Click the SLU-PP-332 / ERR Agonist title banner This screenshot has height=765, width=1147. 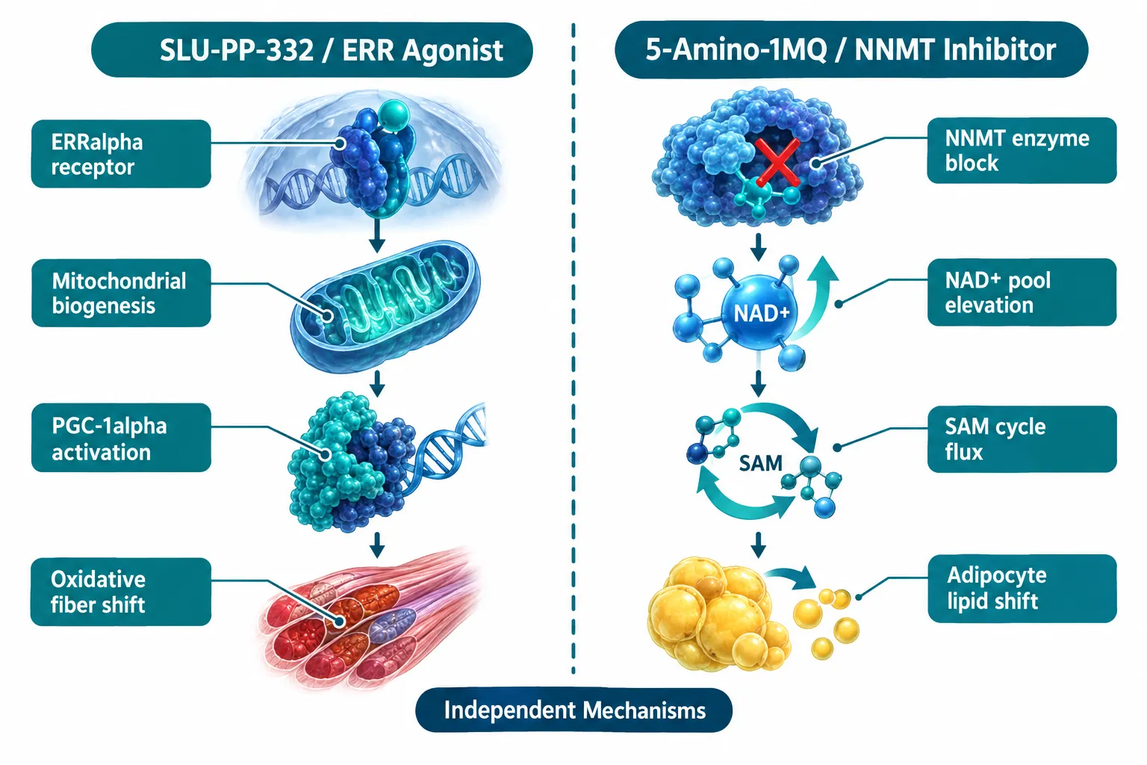click(x=312, y=50)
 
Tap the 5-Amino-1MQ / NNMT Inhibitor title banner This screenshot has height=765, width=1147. click(x=851, y=50)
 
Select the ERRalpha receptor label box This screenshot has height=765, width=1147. click(x=121, y=154)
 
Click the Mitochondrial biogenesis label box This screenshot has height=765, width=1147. click(x=121, y=293)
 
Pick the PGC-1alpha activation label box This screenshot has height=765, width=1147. click(x=121, y=438)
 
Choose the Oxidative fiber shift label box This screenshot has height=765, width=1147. click(x=121, y=592)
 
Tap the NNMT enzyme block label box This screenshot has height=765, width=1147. click(x=1022, y=151)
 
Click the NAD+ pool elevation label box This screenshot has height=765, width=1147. click(x=1022, y=292)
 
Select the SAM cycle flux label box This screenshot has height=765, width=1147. click(x=1022, y=439)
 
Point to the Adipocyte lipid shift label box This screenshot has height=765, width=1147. click(x=1022, y=589)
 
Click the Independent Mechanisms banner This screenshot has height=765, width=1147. click(x=574, y=710)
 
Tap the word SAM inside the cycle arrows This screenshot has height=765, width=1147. click(x=761, y=463)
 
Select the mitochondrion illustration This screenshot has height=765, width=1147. click(x=385, y=306)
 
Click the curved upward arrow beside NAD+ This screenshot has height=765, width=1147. click(x=817, y=303)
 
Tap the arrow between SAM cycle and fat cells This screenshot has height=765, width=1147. click(x=759, y=545)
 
